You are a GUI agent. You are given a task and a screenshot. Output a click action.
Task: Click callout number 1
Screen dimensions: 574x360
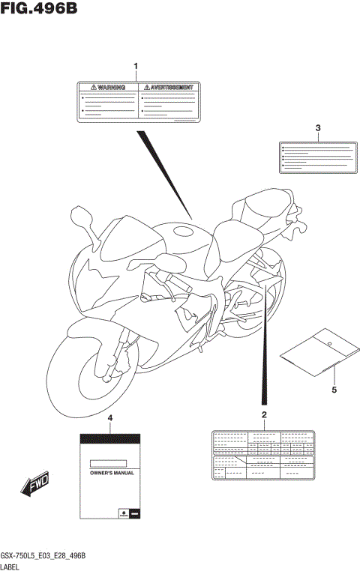[136, 67]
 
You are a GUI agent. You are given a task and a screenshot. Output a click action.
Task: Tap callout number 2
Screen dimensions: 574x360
[264, 415]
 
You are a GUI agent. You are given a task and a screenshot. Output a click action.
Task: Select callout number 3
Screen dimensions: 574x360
[318, 127]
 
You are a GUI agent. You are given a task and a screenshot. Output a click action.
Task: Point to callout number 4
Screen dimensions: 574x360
[110, 417]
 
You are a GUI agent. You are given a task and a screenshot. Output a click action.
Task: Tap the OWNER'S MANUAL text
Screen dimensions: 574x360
[109, 474]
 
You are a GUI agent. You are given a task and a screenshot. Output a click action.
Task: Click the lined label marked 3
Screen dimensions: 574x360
[316, 157]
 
